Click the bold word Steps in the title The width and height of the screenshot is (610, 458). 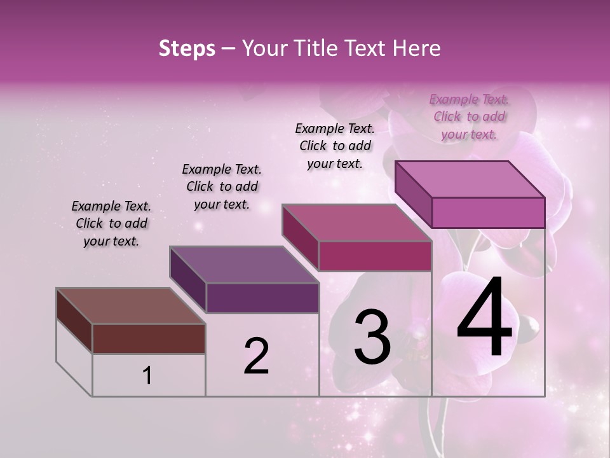tap(187, 48)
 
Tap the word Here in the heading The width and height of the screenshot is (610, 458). tap(416, 48)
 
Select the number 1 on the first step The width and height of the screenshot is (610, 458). tap(147, 376)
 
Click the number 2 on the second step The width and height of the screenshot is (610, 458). tap(256, 356)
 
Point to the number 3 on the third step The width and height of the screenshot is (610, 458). tap(372, 337)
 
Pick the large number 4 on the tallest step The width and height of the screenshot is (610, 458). tap(484, 318)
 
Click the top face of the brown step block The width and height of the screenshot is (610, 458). tap(130, 306)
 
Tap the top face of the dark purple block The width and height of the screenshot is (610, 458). tap(244, 265)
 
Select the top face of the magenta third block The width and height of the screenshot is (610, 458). tap(357, 223)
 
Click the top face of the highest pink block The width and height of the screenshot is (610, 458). tap(470, 179)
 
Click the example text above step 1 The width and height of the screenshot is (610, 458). tap(111, 223)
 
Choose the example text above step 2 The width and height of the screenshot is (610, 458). tap(222, 186)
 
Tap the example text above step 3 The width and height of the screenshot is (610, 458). tap(335, 146)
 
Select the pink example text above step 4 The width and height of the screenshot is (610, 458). tap(469, 116)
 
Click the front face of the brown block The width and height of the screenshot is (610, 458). tap(149, 338)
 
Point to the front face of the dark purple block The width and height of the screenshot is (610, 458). tap(262, 298)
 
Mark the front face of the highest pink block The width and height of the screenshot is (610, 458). tap(488, 212)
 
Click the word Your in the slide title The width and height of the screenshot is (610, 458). tap(264, 48)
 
